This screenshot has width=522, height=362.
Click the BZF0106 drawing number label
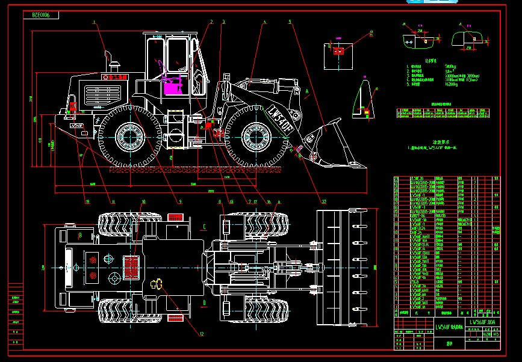pyautogui.click(x=41, y=14)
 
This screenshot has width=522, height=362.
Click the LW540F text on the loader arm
pyautogui.click(x=281, y=117)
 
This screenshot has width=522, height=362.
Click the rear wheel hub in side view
pyautogui.click(x=128, y=138)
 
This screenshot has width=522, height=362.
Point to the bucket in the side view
pyautogui.click(x=325, y=144)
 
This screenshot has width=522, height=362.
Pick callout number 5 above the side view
pyautogui.click(x=290, y=22)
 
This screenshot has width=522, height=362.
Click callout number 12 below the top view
pyautogui.click(x=201, y=334)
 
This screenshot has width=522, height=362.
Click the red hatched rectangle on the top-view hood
pyautogui.click(x=132, y=266)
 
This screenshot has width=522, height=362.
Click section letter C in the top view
pyautogui.click(x=205, y=227)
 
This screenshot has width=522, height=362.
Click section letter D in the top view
pyautogui.click(x=205, y=302)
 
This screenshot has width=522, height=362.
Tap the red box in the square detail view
pyautogui.click(x=338, y=51)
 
